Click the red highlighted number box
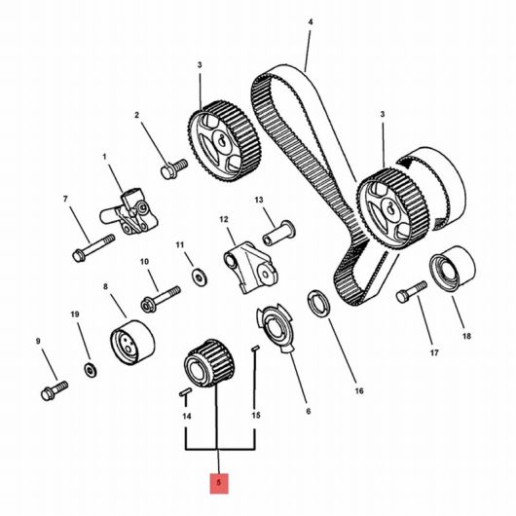219,484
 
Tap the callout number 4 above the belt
311,22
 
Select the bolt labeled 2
174,168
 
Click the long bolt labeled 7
93,248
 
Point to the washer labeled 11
199,277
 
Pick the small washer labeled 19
91,370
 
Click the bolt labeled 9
55,390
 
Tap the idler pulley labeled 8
132,343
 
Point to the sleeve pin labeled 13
278,233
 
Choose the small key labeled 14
186,392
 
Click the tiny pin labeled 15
256,349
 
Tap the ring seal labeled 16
318,304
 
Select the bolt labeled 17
412,292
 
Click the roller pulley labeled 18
453,269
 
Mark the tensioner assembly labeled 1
129,211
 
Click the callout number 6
309,411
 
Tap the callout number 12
224,219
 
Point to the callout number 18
466,336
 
